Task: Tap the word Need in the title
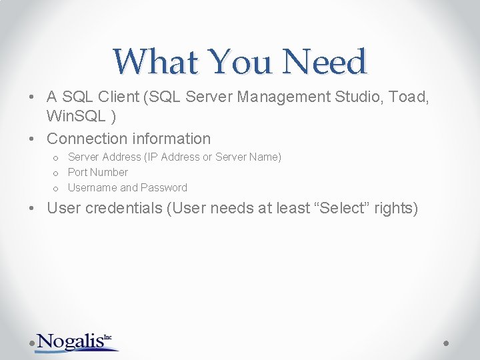(325, 61)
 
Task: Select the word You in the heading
(240, 61)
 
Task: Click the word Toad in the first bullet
(408, 97)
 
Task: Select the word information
(171, 139)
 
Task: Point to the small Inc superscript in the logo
(107, 337)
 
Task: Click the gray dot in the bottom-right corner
(446, 342)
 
